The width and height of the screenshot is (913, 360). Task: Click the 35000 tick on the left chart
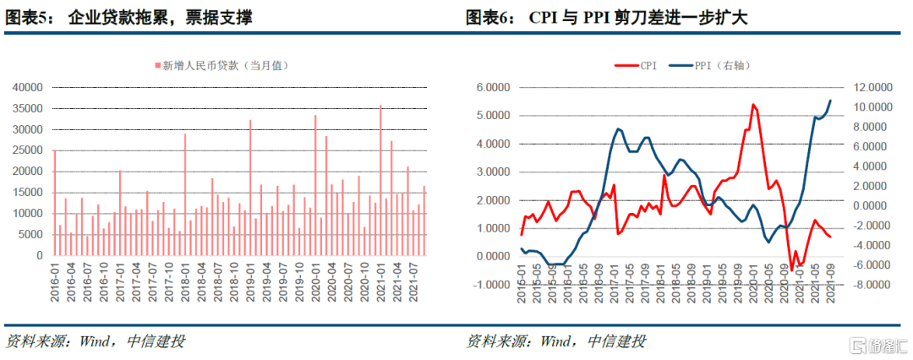click(29, 108)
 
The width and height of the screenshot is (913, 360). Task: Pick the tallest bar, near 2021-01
click(380, 179)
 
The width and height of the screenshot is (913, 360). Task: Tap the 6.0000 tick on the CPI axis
click(493, 87)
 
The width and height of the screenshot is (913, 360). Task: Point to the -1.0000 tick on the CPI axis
click(491, 284)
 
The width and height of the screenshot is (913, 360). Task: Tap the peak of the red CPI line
click(752, 105)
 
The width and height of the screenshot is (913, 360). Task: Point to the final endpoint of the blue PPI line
click(830, 101)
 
